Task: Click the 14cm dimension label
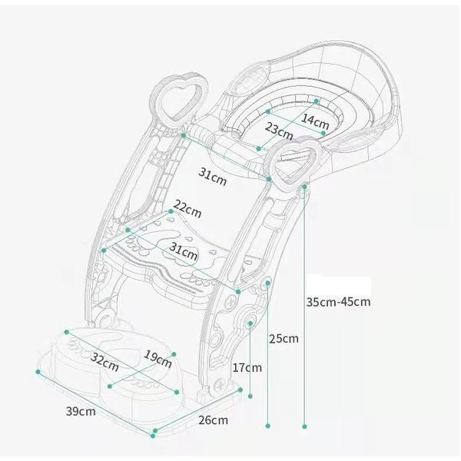click(315, 121)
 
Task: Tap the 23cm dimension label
click(279, 131)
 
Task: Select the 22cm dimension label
click(187, 209)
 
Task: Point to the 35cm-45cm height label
click(338, 302)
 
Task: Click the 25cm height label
click(284, 339)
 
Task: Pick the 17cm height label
click(247, 367)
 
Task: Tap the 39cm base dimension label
click(81, 411)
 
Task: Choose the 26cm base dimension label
click(213, 420)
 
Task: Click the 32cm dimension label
click(104, 362)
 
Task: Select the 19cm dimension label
click(158, 360)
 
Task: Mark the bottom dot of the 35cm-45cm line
click(304, 426)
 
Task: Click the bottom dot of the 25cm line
click(268, 426)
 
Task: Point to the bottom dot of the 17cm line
click(250, 396)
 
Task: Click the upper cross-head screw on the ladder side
click(231, 301)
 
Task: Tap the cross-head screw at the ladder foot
click(220, 386)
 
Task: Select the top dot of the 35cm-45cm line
click(304, 187)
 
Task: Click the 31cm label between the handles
click(213, 177)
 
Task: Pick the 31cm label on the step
click(183, 251)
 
